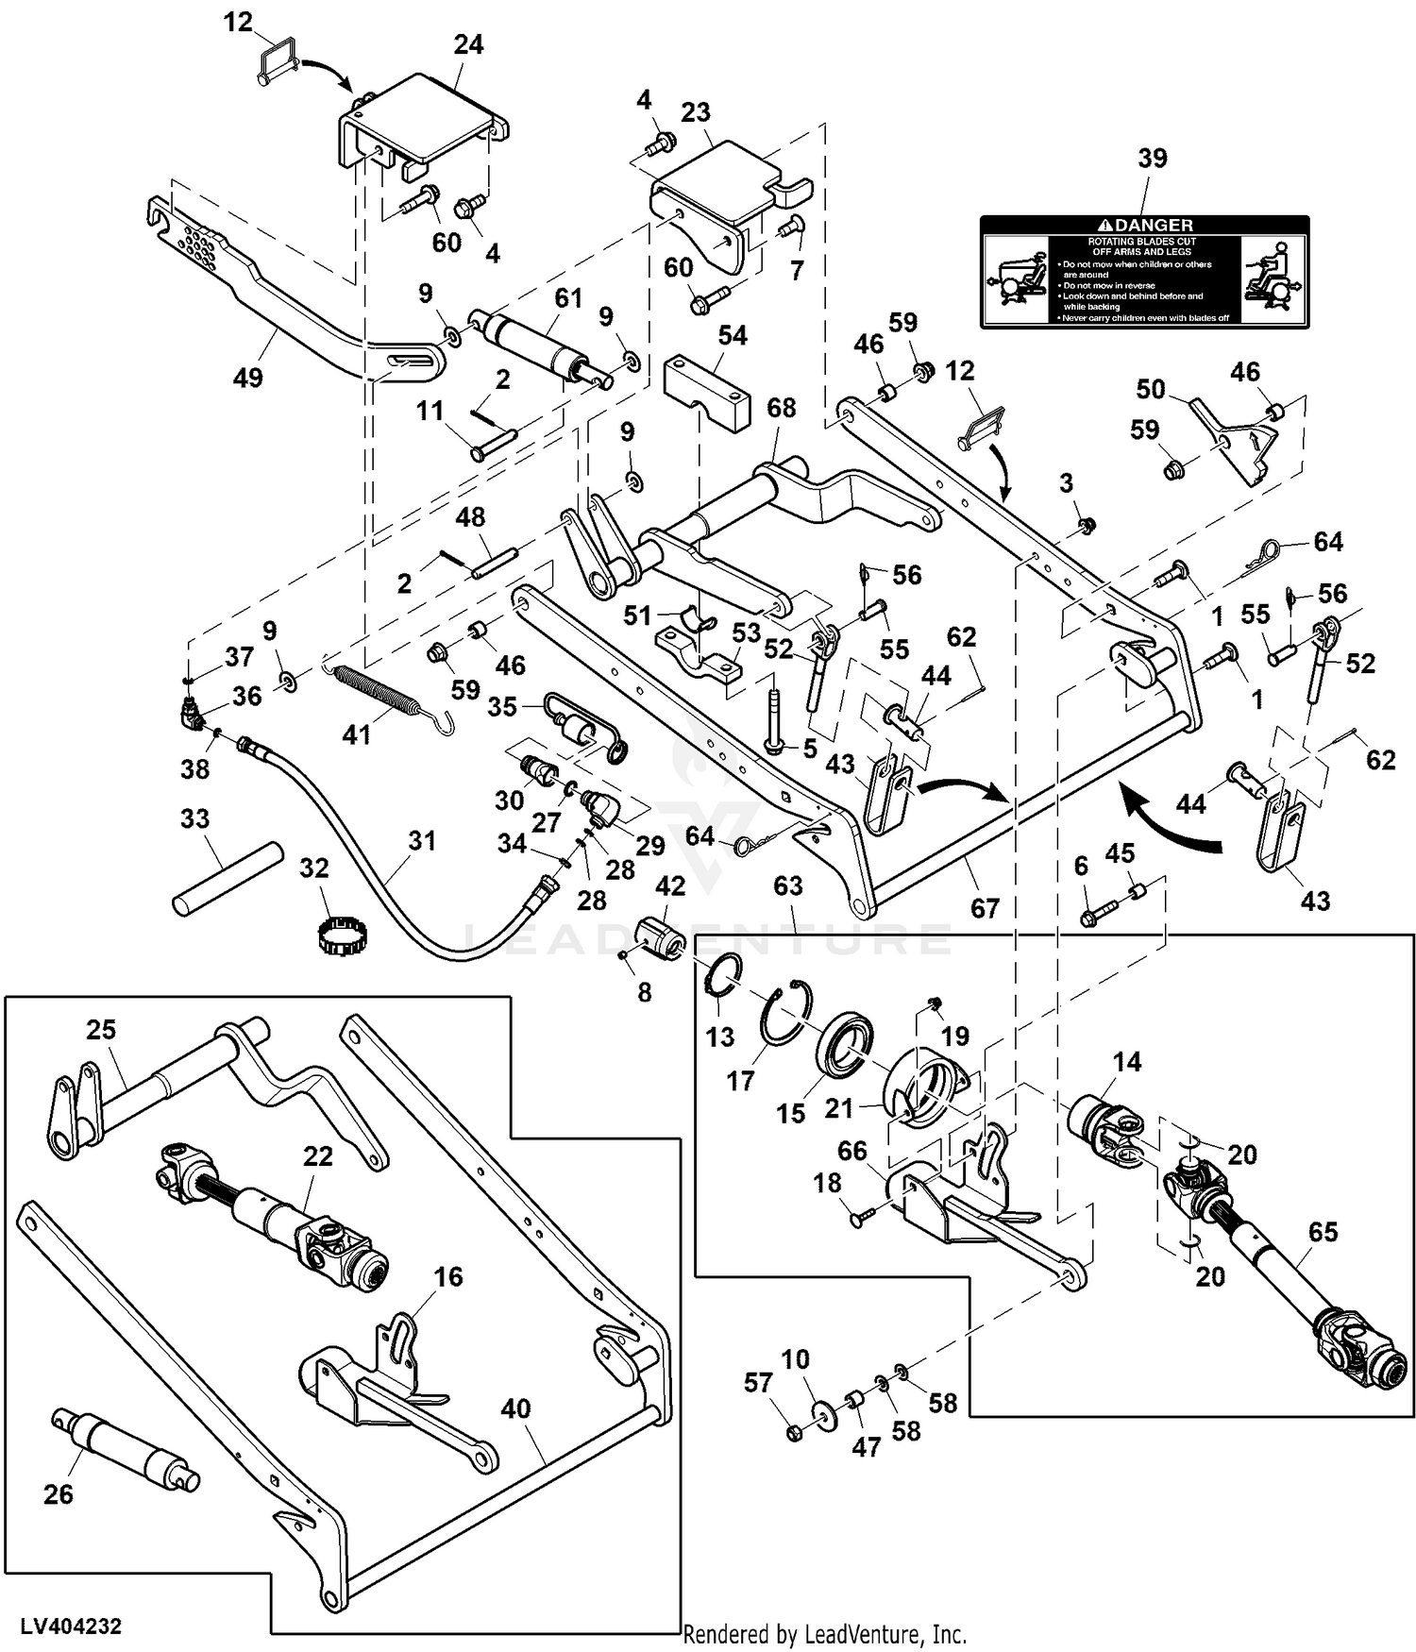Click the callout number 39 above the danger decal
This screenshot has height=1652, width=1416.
coord(1152,159)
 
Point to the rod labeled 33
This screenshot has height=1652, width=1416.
coord(228,878)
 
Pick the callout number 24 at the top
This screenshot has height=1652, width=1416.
coord(468,45)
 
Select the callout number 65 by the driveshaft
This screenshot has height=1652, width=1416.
coord(1323,1231)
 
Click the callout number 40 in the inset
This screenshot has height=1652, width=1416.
coord(515,1408)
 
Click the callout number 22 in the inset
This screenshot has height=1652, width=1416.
coord(317,1155)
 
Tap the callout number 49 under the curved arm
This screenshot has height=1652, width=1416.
coord(247,378)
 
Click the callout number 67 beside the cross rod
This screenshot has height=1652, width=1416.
coord(985,907)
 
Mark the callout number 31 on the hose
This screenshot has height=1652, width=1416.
coord(422,840)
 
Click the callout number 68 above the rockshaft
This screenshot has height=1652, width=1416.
coord(781,408)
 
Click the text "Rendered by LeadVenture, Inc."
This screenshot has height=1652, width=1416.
coord(824,1633)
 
